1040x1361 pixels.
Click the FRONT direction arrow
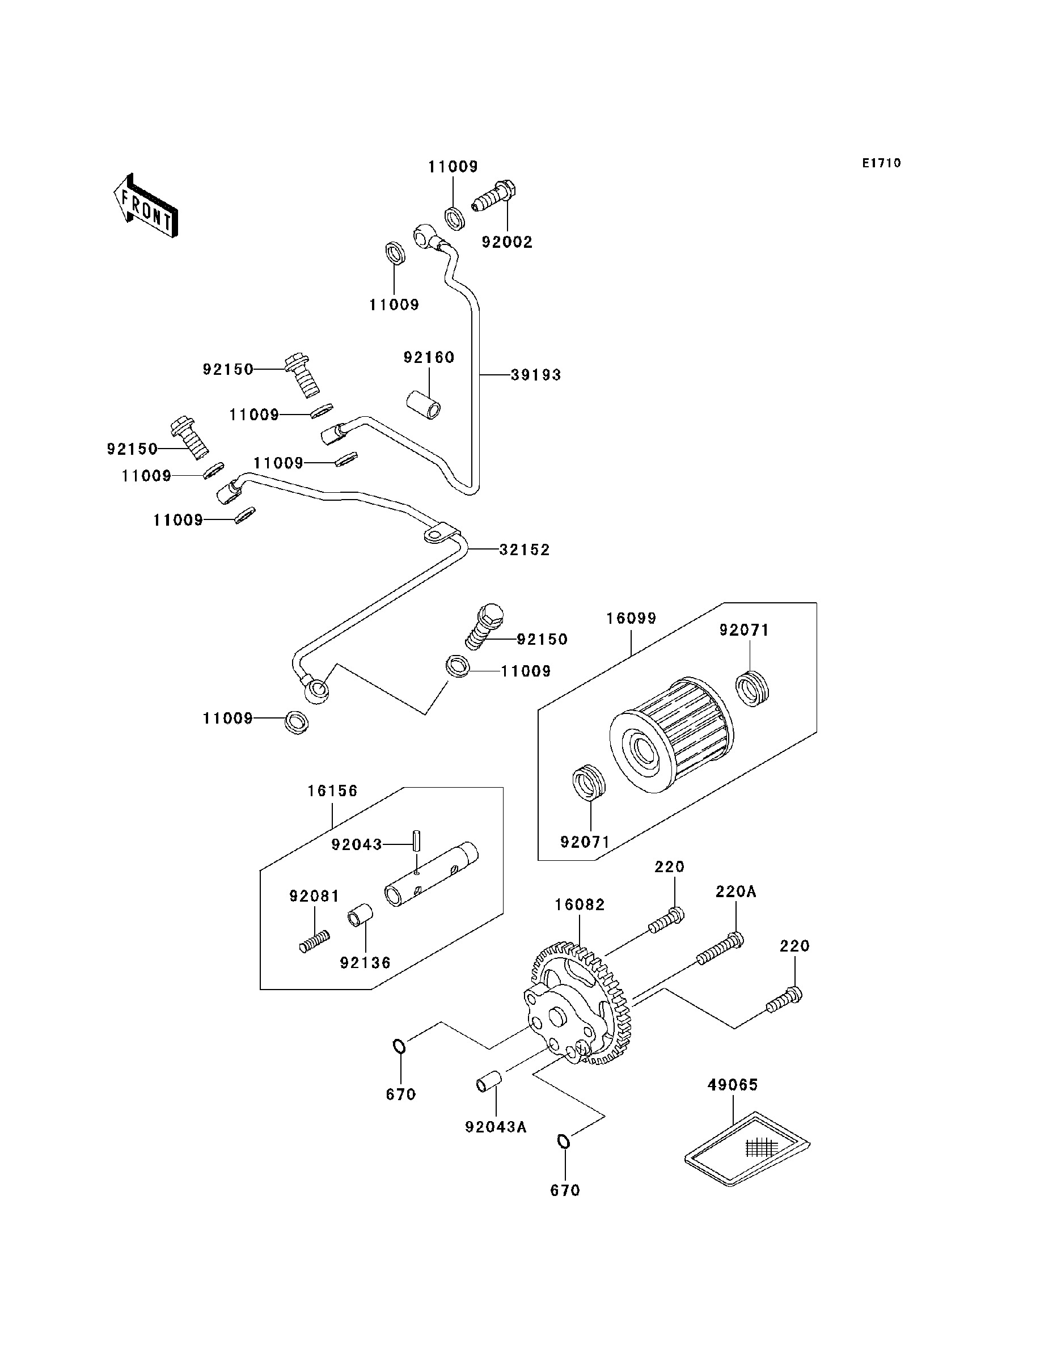point(146,206)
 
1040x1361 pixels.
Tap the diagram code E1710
point(882,163)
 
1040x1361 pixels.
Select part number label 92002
point(507,242)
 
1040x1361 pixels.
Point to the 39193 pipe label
point(535,374)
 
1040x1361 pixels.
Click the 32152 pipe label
point(525,550)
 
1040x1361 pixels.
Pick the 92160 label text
point(429,357)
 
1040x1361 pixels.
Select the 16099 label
point(631,618)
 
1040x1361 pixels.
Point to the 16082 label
point(580,905)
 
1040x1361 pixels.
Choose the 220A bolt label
point(736,892)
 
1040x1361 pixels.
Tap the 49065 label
point(732,1085)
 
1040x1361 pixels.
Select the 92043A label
point(496,1127)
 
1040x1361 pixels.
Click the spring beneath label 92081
point(314,942)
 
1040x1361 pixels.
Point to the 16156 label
point(332,791)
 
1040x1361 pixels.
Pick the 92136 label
point(365,962)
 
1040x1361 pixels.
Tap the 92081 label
point(314,896)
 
